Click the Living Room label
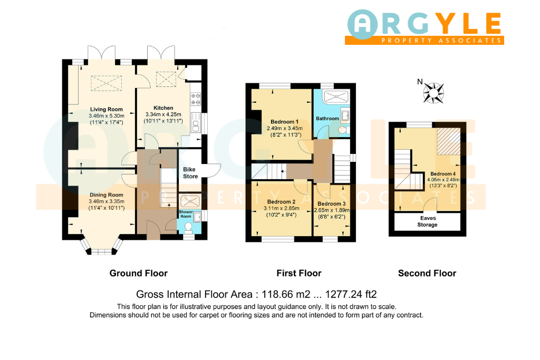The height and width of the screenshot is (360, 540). (107, 110)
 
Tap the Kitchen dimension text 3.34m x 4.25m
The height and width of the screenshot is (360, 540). (163, 114)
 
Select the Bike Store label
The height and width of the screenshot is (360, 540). (190, 173)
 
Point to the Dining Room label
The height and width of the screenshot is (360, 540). (107, 195)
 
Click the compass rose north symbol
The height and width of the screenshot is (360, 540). (433, 93)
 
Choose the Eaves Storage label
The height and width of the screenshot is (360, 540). (428, 221)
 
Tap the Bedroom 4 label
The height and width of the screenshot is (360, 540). (443, 174)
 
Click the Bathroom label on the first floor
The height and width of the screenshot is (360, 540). (327, 119)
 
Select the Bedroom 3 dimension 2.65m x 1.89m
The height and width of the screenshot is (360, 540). (332, 210)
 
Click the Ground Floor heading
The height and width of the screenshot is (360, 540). (139, 273)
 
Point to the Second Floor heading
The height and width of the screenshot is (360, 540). (427, 273)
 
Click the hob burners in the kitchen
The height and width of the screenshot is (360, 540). (196, 99)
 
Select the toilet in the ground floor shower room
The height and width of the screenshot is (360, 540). (188, 228)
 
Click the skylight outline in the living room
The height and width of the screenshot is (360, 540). (106, 83)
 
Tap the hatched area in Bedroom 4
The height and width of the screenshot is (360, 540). (449, 141)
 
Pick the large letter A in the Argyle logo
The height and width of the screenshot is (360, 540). (362, 24)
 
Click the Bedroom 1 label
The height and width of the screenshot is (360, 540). (284, 122)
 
